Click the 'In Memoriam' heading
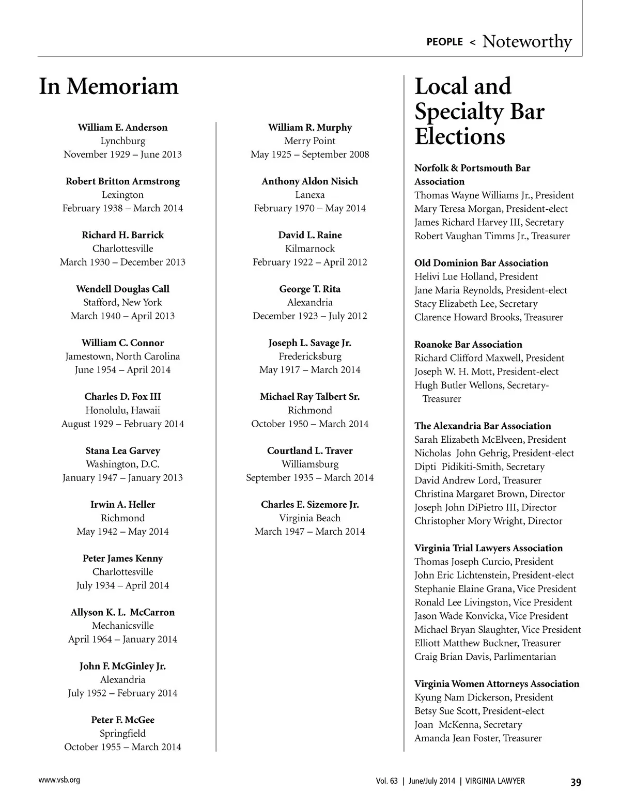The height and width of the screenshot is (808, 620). (109, 86)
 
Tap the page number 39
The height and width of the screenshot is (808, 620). (576, 782)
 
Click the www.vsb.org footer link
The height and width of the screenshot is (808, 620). (59, 780)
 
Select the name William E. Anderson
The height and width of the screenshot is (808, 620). (122, 128)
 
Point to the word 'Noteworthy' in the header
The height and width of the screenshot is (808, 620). (527, 41)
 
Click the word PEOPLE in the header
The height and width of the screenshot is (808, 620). (444, 42)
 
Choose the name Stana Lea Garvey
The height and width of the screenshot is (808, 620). (122, 451)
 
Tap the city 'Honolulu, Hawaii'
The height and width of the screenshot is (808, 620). (122, 410)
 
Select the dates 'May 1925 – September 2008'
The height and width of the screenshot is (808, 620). (310, 154)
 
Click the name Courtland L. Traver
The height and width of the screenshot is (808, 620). (310, 451)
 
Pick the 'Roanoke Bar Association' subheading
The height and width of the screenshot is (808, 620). (468, 345)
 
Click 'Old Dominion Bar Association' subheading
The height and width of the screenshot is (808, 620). (481, 263)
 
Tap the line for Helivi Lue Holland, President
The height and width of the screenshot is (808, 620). (476, 276)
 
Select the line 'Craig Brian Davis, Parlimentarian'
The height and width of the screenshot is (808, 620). (485, 657)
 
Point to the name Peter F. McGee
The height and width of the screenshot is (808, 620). (122, 720)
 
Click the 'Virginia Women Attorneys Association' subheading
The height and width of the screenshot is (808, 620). (497, 684)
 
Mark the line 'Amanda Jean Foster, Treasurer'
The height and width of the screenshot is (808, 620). (478, 738)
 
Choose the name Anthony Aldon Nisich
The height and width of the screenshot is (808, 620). (310, 181)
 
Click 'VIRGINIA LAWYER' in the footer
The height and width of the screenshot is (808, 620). (495, 781)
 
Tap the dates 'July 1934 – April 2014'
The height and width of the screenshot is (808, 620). (122, 585)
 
